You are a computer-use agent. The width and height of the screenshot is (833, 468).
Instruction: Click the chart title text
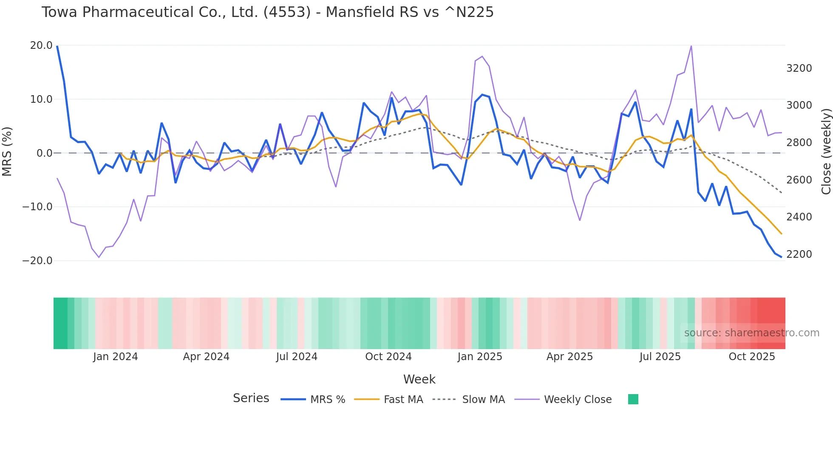(267, 12)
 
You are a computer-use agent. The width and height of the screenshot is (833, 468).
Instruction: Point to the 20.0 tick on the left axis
(41, 45)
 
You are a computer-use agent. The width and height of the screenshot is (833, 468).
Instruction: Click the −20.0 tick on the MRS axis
(37, 261)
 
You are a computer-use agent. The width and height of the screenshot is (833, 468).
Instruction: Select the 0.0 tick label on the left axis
(45, 153)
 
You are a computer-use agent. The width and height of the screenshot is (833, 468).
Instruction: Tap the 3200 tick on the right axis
(799, 68)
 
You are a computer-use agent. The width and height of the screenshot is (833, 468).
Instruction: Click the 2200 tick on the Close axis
(799, 254)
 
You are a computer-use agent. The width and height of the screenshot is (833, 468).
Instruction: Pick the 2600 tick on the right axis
(799, 180)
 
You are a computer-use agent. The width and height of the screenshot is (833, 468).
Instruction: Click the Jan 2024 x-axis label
(115, 357)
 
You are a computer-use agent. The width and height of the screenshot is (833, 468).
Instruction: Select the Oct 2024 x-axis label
(388, 357)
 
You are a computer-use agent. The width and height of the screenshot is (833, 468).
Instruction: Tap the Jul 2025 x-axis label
(660, 357)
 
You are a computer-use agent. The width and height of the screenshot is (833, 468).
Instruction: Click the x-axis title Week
(419, 379)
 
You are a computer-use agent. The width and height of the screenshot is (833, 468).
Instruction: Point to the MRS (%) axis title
(7, 152)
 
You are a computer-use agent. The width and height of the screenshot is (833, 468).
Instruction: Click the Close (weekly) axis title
(826, 152)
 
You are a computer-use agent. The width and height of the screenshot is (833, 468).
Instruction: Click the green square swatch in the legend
(633, 399)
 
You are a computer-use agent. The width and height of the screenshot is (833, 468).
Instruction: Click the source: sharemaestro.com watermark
(751, 333)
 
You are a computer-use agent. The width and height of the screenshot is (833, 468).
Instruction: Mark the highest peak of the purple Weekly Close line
(691, 46)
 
